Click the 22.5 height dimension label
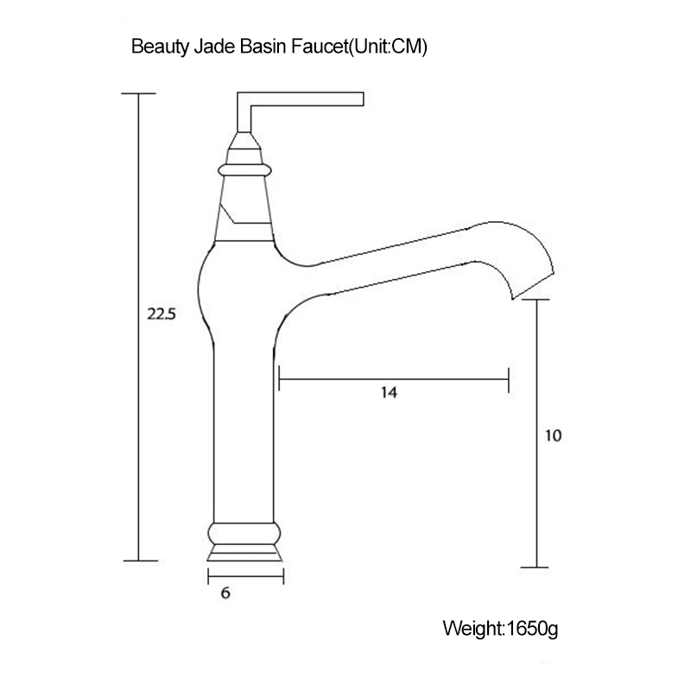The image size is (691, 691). [162, 314]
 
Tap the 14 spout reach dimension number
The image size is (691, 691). [389, 392]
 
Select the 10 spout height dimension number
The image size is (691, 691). [553, 435]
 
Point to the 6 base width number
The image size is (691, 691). [225, 593]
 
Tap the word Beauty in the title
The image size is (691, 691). [161, 48]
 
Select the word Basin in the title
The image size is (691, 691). [263, 47]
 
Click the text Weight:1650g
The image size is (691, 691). [500, 629]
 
